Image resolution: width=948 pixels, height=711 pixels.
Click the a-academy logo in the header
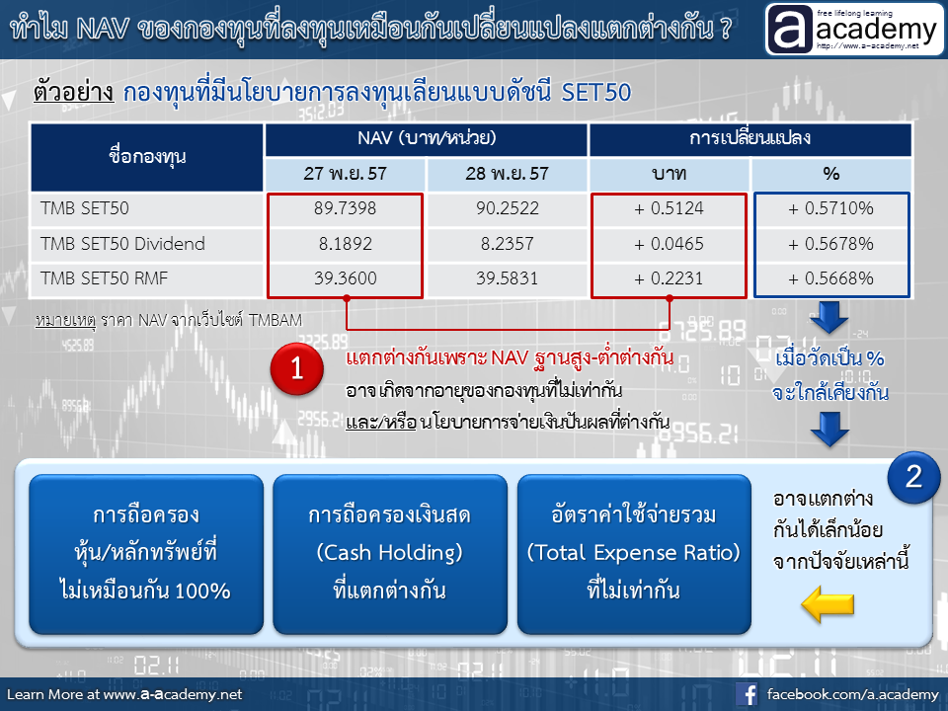click(854, 29)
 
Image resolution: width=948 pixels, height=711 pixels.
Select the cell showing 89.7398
click(345, 208)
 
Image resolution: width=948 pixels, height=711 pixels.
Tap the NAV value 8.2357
click(507, 244)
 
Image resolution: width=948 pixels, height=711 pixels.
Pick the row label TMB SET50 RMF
click(104, 278)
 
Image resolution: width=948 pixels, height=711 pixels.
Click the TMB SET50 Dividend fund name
click(122, 244)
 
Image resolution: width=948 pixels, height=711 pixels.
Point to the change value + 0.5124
click(669, 208)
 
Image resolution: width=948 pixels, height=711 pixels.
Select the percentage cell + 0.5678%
click(830, 244)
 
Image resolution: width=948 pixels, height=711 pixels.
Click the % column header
click(831, 174)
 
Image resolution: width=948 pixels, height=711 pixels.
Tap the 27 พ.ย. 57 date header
click(345, 174)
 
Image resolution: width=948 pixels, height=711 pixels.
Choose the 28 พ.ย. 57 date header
click(507, 174)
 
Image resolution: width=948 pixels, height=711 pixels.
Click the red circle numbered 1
click(297, 368)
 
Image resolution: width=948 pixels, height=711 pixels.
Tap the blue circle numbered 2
click(913, 477)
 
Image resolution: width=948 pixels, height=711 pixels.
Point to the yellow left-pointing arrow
click(828, 604)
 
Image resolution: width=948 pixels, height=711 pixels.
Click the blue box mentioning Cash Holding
click(390, 554)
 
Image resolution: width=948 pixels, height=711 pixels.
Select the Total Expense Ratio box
click(634, 554)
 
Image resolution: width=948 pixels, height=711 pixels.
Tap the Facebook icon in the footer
click(747, 694)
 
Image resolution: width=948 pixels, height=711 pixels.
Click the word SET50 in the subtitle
click(596, 93)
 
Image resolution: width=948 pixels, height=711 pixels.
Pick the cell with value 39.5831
click(507, 278)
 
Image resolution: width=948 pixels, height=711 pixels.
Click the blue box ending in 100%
click(146, 554)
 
